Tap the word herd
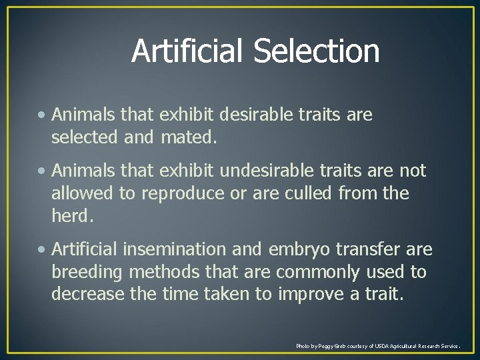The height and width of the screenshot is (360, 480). [73, 215]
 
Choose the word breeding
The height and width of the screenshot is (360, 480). [87, 272]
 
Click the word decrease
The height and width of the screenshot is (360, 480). [86, 295]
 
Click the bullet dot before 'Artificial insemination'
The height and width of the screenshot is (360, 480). [43, 250]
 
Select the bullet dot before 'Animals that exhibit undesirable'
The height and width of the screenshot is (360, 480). [43, 171]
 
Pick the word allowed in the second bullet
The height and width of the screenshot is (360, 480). [82, 193]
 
